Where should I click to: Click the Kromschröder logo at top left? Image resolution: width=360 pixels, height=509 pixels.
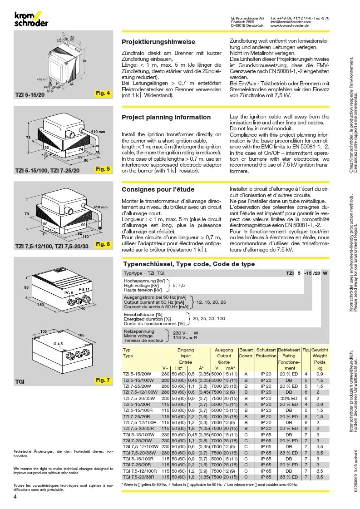click(31, 19)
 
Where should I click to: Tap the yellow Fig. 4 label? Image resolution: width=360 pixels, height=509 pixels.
click(103, 93)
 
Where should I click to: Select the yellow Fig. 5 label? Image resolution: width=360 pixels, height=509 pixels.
click(103, 169)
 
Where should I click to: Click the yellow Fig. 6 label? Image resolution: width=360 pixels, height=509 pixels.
click(103, 244)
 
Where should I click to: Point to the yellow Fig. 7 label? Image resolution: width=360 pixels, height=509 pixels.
click(103, 380)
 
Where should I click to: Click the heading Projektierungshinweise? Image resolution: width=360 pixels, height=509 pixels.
click(158, 42)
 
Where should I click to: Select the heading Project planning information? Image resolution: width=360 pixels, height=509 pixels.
click(166, 117)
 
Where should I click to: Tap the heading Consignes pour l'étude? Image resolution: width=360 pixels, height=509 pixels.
click(158, 190)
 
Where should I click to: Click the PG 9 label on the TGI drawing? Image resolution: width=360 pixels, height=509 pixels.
click(69, 293)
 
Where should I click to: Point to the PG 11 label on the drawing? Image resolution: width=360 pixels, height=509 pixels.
click(84, 289)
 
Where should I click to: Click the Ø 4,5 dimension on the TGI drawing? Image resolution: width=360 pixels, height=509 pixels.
click(58, 343)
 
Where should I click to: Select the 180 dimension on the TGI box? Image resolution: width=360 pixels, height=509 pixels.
click(40, 305)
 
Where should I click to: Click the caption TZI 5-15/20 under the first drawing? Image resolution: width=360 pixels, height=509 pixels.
click(30, 95)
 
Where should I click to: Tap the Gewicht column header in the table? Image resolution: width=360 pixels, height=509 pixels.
click(320, 350)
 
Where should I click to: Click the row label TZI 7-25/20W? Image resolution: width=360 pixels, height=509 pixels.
click(137, 386)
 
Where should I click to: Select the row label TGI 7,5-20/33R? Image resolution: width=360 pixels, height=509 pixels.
click(138, 477)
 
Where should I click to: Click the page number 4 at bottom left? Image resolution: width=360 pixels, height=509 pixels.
click(15, 496)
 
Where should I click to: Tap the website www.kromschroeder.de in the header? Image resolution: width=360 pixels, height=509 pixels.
click(289, 25)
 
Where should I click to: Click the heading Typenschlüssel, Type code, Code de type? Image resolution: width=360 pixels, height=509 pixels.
click(189, 264)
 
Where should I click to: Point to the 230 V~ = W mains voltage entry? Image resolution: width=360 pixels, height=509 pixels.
click(185, 333)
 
